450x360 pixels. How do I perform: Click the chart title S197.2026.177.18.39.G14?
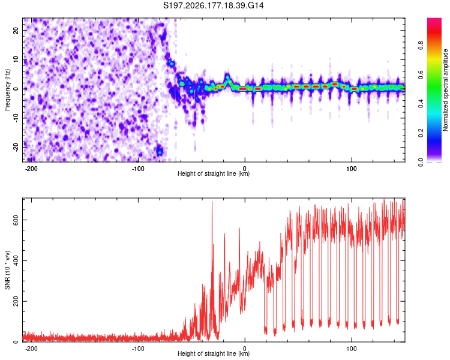(213, 5)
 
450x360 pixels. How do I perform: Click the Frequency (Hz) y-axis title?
(7, 90)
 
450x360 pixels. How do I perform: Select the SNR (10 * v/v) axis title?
(7, 270)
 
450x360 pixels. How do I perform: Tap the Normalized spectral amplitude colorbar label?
(445, 90)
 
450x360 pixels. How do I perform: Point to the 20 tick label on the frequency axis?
(16, 31)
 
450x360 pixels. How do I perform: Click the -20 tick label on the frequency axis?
(16, 147)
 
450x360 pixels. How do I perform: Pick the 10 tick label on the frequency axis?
(16, 59)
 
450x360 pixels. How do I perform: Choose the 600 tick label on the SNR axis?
(16, 220)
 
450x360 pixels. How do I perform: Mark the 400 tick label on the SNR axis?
(16, 260)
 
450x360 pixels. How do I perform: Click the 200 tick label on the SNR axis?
(16, 301)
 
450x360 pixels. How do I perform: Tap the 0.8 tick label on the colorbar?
(421, 45)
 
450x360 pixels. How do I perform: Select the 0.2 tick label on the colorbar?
(421, 133)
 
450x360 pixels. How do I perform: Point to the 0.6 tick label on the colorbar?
(421, 74)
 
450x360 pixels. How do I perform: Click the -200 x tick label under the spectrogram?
(31, 169)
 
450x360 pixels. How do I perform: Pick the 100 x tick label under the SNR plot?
(351, 349)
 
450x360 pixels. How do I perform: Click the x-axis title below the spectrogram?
(214, 173)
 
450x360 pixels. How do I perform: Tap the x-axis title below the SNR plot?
(214, 353)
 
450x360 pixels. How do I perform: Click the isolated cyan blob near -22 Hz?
(160, 151)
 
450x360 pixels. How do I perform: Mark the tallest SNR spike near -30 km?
(212, 202)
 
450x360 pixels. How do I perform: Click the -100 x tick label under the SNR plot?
(138, 349)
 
